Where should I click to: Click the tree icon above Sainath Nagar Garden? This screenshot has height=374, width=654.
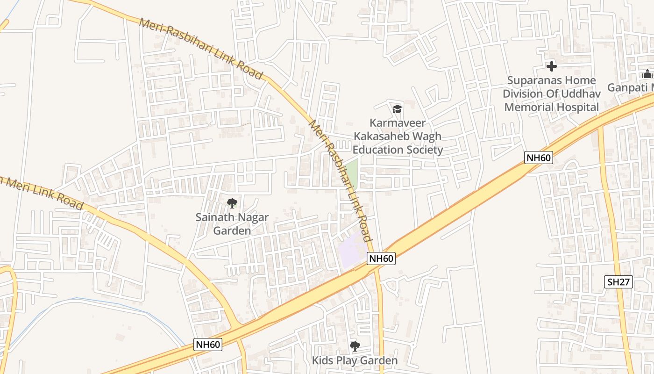tap(232, 203)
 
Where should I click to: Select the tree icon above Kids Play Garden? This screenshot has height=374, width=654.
tap(355, 346)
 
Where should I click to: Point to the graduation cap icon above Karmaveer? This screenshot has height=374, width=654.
tap(397, 109)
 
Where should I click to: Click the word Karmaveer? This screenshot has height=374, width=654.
tap(397, 123)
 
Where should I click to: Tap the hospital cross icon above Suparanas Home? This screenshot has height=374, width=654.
tap(552, 66)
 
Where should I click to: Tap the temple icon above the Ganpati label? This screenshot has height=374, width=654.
tap(647, 74)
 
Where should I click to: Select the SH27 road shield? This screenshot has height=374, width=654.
tap(618, 282)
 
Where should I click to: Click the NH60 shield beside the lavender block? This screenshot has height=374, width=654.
tap(381, 259)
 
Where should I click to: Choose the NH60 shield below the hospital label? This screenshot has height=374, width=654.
tap(538, 158)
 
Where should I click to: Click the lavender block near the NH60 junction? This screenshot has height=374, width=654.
tap(352, 253)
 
